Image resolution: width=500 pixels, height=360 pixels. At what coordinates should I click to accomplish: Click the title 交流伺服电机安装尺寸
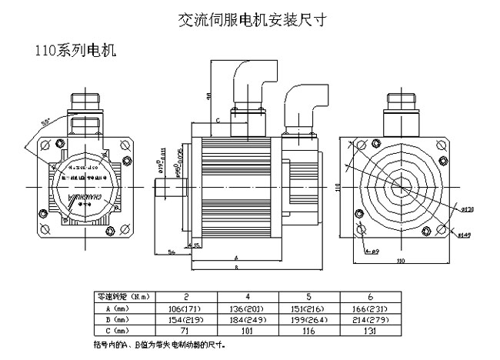pos(251,18)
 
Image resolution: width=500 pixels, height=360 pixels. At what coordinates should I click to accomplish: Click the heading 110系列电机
pos(75,51)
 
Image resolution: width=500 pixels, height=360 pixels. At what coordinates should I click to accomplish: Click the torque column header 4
pos(247,295)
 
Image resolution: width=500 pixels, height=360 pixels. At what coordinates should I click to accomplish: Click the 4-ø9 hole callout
pos(373,252)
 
